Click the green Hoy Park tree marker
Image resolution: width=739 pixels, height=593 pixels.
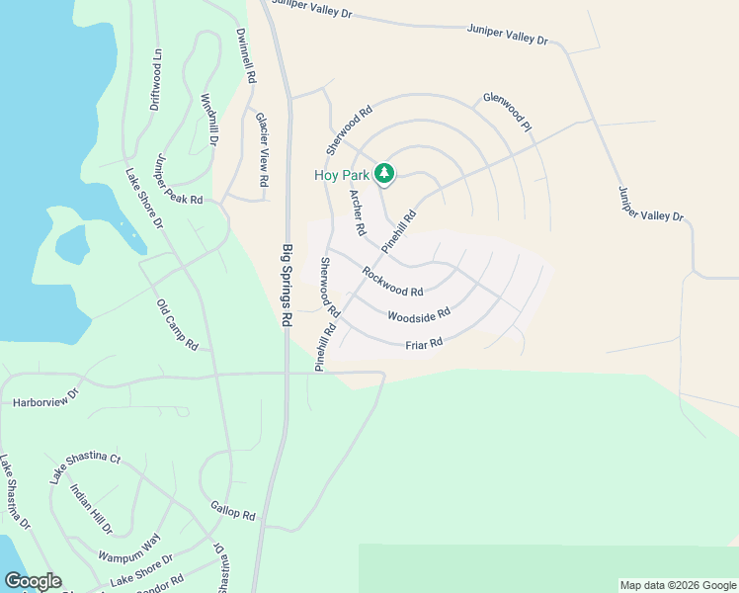coord(384,175)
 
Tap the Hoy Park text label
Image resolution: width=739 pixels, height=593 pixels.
coord(342,175)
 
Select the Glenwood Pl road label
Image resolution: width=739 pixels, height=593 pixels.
coord(508,113)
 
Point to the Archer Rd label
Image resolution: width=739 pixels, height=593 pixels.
coord(358,212)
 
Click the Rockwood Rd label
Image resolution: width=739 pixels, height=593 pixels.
coord(392,282)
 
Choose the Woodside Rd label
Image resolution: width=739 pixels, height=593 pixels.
coord(419,315)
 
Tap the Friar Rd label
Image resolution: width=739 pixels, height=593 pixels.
coord(423,343)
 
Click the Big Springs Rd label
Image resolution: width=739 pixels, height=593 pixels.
coord(287,286)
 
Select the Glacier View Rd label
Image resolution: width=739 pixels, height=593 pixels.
coord(262,149)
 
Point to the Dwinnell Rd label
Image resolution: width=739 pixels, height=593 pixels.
coord(247,53)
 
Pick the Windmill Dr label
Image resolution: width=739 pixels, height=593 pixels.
coord(208,121)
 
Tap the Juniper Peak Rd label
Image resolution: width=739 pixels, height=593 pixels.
coord(178,180)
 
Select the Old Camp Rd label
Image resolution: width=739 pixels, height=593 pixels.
coord(178,325)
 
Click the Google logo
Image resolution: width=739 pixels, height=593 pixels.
coord(33,581)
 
